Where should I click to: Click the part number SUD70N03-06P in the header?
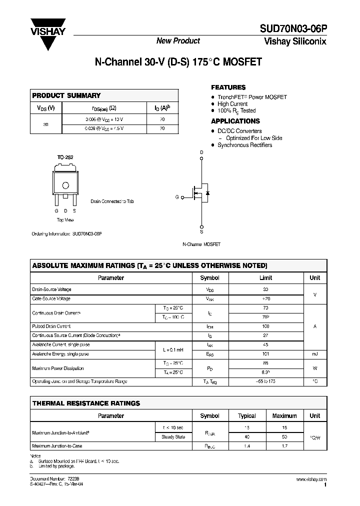click(x=292, y=29)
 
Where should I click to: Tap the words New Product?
click(x=178, y=41)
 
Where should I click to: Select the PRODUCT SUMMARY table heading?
click(x=66, y=95)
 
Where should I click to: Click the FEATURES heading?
click(x=228, y=87)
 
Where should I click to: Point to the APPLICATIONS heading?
click(x=235, y=121)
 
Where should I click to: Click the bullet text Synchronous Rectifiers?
click(x=244, y=145)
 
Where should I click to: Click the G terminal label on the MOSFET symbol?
click(x=177, y=197)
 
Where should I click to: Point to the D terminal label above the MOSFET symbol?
click(x=201, y=152)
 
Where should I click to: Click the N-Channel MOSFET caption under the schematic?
click(x=201, y=244)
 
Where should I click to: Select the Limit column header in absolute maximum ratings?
click(x=265, y=277)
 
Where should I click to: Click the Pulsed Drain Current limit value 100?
click(x=265, y=326)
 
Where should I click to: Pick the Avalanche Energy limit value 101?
click(x=265, y=354)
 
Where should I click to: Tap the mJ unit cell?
click(x=314, y=354)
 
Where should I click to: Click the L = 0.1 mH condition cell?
click(x=173, y=349)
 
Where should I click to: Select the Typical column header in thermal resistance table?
click(x=246, y=415)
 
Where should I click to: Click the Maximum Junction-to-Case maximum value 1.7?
click(x=284, y=445)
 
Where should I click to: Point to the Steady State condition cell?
click(x=173, y=436)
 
